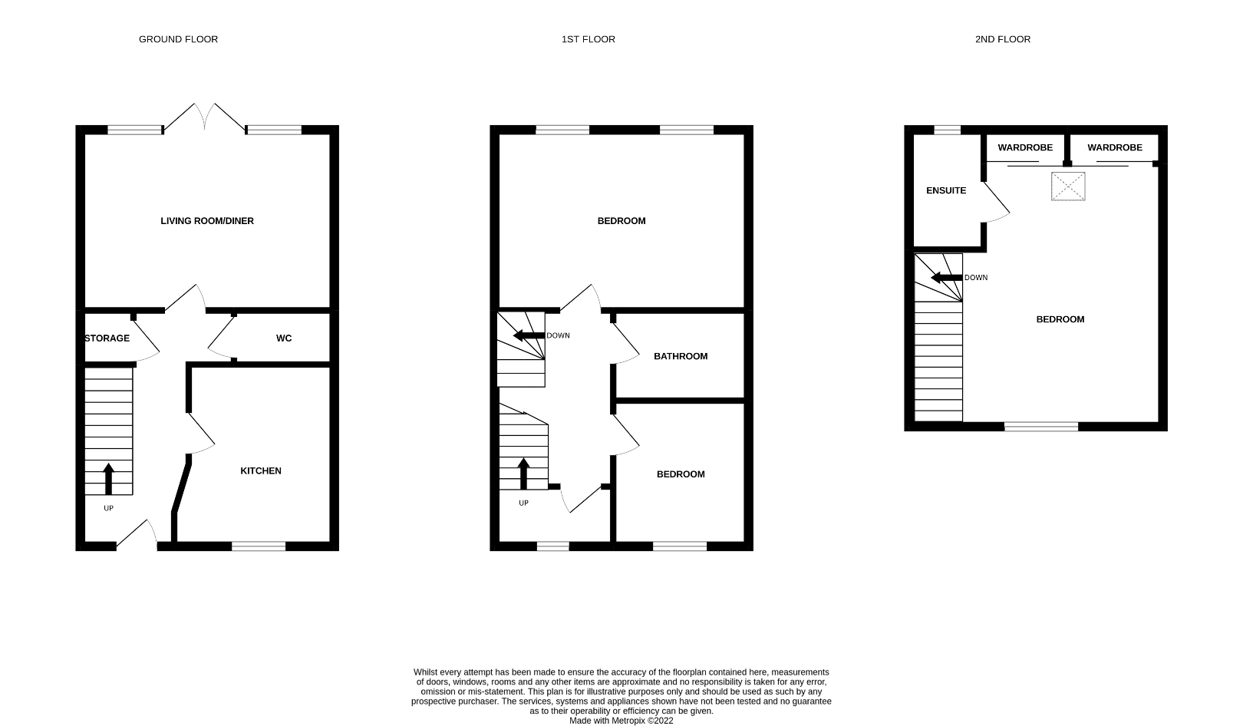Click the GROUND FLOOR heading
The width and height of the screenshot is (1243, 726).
pos(178,39)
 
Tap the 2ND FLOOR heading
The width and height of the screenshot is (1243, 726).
pos(1002,39)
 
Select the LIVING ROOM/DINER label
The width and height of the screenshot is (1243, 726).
pos(207,221)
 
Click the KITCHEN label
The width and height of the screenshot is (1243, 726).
pos(261,471)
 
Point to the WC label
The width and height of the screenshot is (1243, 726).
pos(284,338)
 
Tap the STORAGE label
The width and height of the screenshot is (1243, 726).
pos(107,338)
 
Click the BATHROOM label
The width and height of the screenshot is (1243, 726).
pos(681,356)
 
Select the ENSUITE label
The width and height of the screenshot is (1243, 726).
pos(946,190)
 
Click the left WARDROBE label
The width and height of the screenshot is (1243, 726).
pos(1025,147)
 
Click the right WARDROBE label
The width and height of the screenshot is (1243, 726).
pos(1114,147)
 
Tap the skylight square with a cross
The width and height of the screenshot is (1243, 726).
pos(1068,186)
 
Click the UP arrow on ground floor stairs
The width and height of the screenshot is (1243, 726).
pos(108,478)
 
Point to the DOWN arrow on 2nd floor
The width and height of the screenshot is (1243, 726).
pos(946,277)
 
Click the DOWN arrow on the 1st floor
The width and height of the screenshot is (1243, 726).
pos(529,335)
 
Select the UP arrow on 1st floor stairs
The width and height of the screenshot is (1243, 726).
pos(524,474)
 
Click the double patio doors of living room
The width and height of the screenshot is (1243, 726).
pos(205,117)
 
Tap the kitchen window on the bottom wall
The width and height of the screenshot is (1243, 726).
pos(259,546)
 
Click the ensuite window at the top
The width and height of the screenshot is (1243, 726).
pos(948,130)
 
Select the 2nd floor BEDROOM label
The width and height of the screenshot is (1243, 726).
pos(1060,319)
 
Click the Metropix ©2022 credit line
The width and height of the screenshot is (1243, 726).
pos(621,721)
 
